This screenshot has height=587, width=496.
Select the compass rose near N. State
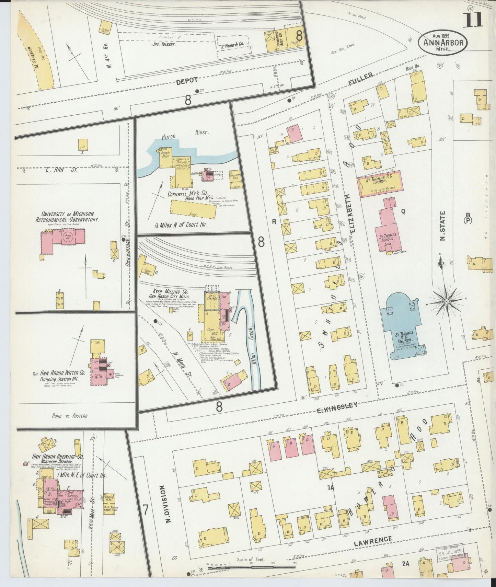[447, 302]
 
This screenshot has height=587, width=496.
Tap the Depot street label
[187, 80]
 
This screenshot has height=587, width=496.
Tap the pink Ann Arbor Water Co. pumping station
[100, 372]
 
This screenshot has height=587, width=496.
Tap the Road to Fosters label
[70, 415]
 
